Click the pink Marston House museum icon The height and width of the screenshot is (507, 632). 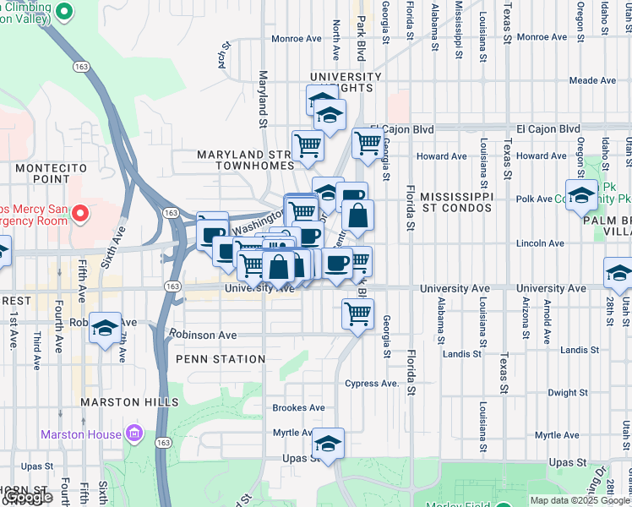pos(133,434)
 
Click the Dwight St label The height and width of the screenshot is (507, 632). pos(567,392)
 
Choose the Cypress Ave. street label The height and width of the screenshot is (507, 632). pos(371,383)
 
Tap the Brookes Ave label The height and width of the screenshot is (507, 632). pos(298,407)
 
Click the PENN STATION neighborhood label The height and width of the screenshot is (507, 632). pos(221,359)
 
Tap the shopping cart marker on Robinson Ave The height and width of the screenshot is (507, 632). pos(357,313)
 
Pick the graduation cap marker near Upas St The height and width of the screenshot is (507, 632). pos(328,444)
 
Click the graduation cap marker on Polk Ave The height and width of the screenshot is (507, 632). pos(580,194)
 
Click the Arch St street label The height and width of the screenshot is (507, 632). pos(225,56)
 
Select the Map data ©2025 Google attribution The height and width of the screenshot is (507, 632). pos(578,499)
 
